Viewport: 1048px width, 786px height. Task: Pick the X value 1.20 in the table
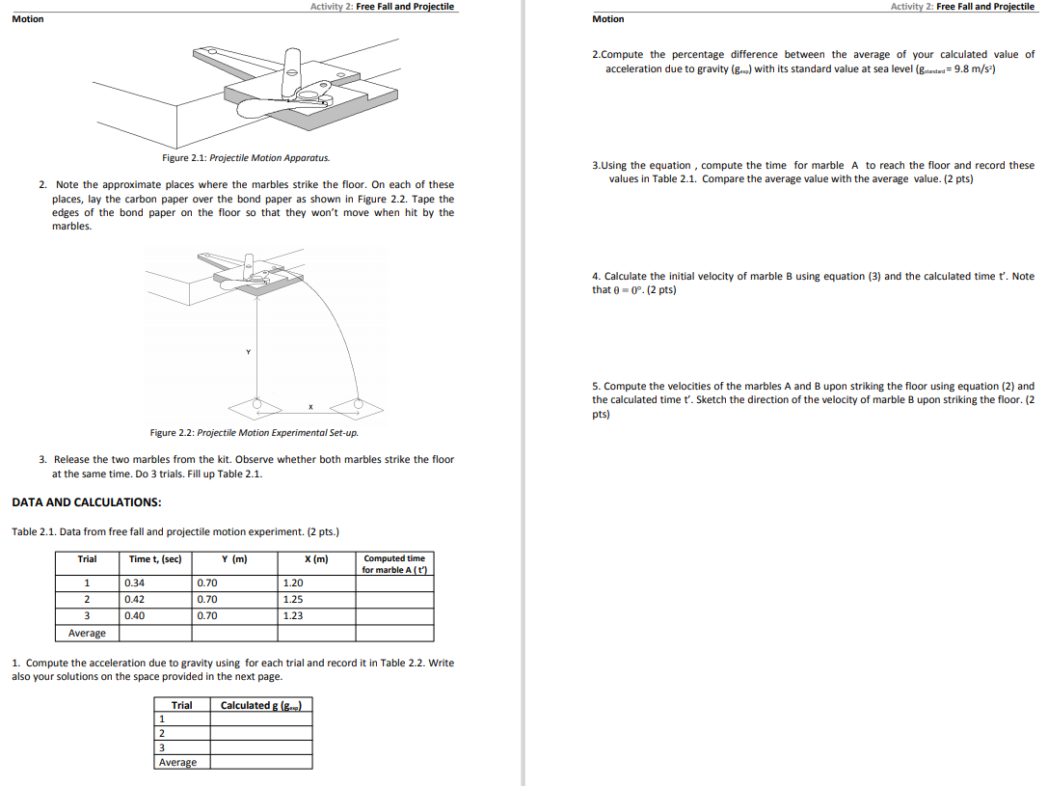pos(293,583)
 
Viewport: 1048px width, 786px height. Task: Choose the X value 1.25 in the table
pos(293,599)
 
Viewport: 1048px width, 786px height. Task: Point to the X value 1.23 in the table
pos(293,615)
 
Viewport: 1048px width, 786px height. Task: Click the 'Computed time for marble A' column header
pos(393,564)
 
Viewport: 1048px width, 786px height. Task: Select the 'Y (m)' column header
pos(234,558)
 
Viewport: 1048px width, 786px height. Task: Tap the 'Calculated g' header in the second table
pos(261,705)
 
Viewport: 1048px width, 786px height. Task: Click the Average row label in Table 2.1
pos(87,633)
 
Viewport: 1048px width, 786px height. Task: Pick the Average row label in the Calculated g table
pos(177,762)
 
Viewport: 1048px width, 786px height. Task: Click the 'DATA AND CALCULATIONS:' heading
pos(86,502)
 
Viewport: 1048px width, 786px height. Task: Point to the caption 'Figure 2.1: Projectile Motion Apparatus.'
pos(246,157)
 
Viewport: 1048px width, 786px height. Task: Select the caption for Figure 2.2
pos(255,432)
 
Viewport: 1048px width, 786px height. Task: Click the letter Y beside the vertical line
pos(248,352)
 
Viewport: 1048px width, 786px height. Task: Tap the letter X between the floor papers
pos(309,406)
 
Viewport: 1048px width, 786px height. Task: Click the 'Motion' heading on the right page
pos(607,19)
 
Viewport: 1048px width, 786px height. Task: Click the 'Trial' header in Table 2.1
pos(87,558)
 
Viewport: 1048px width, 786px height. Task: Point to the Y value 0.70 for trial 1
pos(207,583)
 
